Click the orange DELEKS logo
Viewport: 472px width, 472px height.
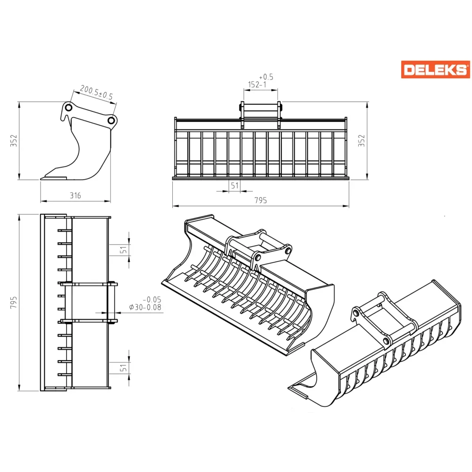click(x=435, y=69)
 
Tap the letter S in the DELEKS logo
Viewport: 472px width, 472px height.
click(x=460, y=70)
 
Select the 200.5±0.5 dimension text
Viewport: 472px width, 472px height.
click(x=96, y=93)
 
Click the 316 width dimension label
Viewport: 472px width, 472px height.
click(x=75, y=196)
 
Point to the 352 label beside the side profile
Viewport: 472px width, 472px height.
click(x=14, y=141)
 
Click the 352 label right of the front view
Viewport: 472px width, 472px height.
click(x=361, y=141)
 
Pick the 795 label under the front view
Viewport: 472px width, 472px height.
click(x=261, y=200)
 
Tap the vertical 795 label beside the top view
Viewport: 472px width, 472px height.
click(x=14, y=302)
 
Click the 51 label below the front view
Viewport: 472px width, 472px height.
click(x=235, y=185)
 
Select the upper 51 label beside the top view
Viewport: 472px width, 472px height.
click(x=123, y=250)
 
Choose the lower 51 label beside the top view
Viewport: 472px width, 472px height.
click(x=123, y=368)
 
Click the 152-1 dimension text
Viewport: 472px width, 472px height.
click(x=257, y=84)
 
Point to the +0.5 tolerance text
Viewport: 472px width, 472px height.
click(x=266, y=77)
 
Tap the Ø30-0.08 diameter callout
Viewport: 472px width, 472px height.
click(x=145, y=307)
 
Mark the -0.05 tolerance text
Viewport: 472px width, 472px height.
click(x=152, y=300)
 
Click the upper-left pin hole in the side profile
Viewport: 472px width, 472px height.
click(x=68, y=108)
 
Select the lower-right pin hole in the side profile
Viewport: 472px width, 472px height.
click(x=111, y=121)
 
